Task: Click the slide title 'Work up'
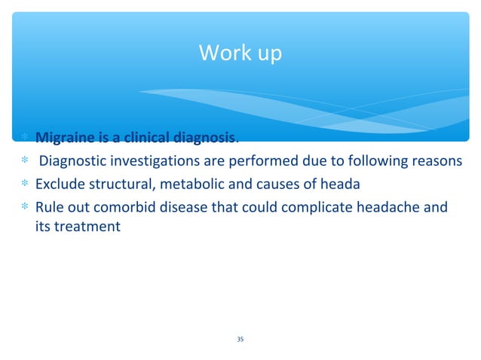pos(240,54)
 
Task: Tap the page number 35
pos(240,340)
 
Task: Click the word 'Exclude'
pos(59,184)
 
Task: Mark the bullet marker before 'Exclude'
pos(24,185)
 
